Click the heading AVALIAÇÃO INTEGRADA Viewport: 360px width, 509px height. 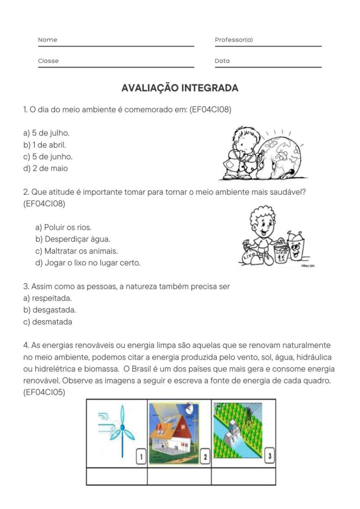(180, 88)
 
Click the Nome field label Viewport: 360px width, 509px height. (48, 40)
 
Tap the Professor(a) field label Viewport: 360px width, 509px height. (234, 40)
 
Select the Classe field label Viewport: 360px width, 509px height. (48, 61)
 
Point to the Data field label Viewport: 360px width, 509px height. (222, 61)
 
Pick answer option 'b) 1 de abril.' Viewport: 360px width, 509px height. (44, 145)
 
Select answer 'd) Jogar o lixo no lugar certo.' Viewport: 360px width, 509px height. (88, 263)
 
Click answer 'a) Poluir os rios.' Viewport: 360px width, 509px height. (63, 227)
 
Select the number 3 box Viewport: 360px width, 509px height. (269, 454)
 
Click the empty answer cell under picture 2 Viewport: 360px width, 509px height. (179, 476)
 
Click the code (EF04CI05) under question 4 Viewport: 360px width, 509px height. (44, 392)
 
